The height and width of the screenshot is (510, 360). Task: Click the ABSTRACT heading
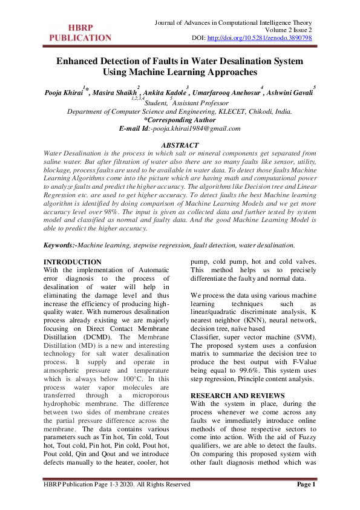pyautogui.click(x=179, y=146)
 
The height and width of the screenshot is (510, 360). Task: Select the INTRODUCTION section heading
pyautogui.click(x=73, y=262)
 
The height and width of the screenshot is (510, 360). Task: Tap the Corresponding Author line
pyautogui.click(x=180, y=120)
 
